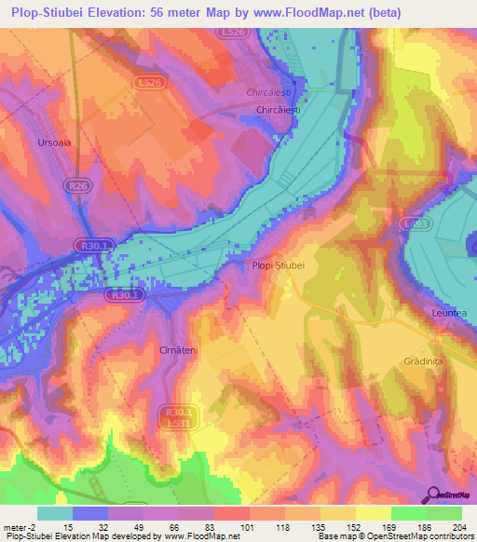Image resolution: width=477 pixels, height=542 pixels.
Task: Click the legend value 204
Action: pos(458,528)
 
